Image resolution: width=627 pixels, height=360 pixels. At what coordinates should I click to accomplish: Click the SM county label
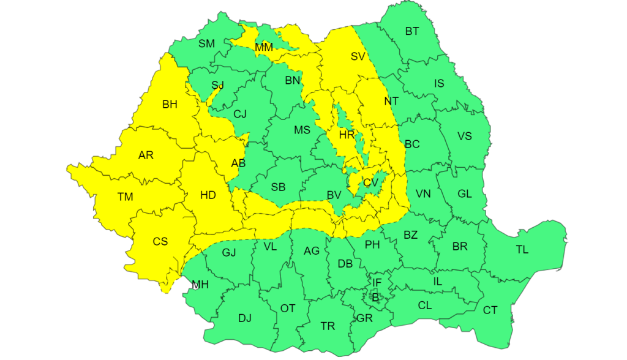click(x=206, y=43)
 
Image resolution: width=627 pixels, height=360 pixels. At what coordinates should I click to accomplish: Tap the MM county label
click(x=264, y=47)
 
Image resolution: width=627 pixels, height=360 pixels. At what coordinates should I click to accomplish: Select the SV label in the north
click(x=358, y=57)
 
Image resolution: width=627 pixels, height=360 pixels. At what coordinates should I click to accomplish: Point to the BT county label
click(x=412, y=31)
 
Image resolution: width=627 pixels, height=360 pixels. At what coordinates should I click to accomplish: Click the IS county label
click(x=439, y=83)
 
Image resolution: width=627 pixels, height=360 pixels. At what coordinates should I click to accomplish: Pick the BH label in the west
click(x=170, y=105)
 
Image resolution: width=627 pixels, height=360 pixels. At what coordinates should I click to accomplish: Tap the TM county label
click(x=126, y=197)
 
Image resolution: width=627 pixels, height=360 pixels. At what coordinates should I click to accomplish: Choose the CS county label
click(x=160, y=241)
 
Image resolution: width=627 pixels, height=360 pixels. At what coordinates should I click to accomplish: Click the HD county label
click(x=208, y=195)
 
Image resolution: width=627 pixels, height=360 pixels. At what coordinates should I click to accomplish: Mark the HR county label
click(x=347, y=135)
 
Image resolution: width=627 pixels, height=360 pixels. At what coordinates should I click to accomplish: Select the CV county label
click(x=370, y=182)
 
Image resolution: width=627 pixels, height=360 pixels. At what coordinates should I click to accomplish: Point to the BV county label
click(x=334, y=195)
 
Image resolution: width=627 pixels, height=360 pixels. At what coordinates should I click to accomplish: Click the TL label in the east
click(x=522, y=249)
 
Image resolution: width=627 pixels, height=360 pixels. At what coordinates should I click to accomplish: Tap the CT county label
click(x=490, y=310)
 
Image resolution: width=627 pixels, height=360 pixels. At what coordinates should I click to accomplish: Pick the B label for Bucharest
click(x=375, y=298)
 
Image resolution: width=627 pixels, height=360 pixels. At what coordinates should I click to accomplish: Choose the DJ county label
click(x=245, y=318)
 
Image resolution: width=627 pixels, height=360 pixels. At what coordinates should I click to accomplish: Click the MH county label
click(x=200, y=285)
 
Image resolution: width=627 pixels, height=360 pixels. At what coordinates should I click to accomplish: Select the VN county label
click(x=423, y=194)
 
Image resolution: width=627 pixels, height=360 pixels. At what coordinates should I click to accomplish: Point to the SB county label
click(x=278, y=187)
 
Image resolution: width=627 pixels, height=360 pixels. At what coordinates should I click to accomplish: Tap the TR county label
click(x=328, y=326)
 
